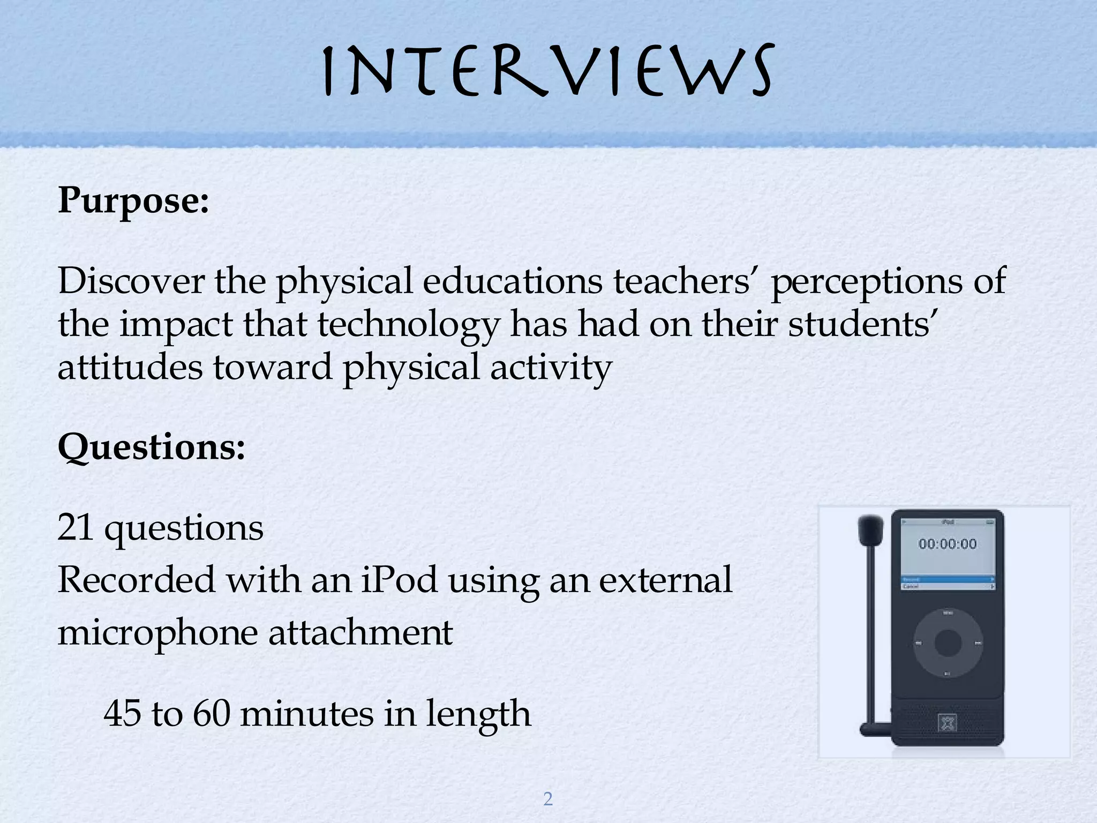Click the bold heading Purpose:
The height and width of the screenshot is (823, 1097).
click(x=133, y=201)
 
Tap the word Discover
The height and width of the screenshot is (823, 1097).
click(x=131, y=281)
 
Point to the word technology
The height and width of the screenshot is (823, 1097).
click(x=408, y=325)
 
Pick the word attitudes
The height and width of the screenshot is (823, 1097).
click(x=130, y=368)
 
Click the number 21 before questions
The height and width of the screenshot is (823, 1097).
click(x=75, y=528)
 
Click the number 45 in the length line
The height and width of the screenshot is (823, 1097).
click(x=123, y=714)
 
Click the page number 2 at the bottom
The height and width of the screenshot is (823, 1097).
click(x=548, y=799)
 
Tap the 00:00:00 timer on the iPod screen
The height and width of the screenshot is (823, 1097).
click(x=948, y=544)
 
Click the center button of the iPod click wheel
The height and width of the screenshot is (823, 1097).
click(x=948, y=642)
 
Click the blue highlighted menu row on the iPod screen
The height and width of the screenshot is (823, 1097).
click(x=948, y=579)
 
